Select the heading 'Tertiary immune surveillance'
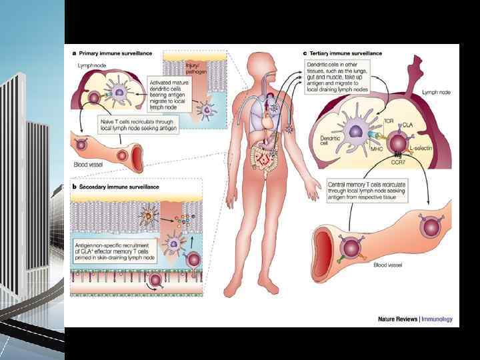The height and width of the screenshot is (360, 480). pos(343,53)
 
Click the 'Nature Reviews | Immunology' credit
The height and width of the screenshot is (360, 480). pos(414,319)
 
